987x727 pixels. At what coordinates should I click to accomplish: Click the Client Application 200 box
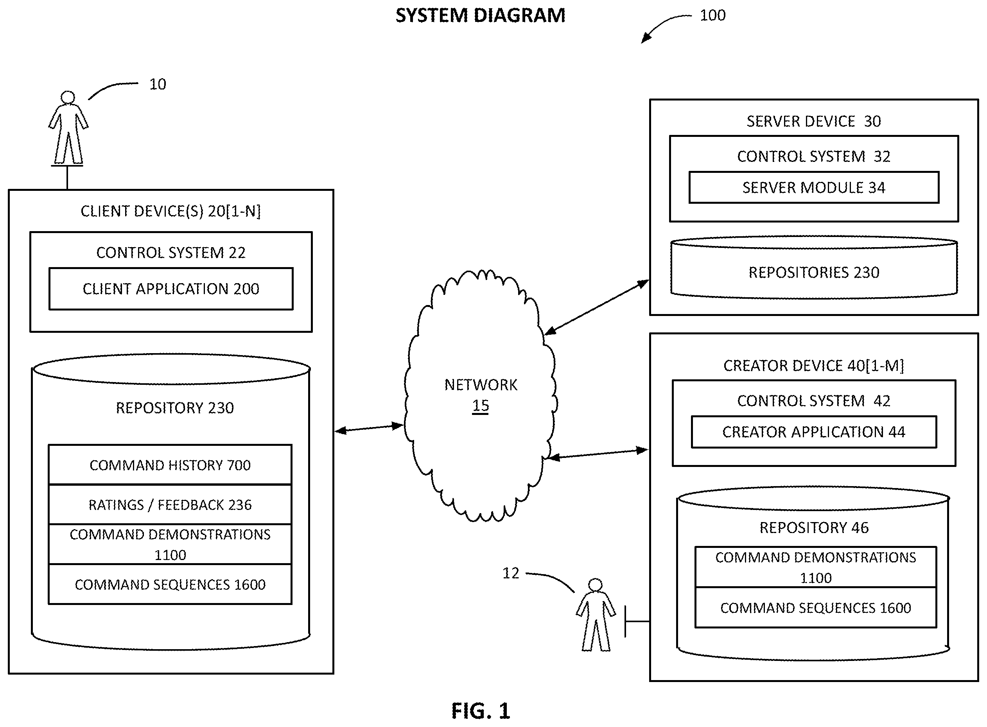point(171,289)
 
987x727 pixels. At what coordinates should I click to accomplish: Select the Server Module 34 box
point(814,187)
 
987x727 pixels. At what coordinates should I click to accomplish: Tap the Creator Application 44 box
point(814,432)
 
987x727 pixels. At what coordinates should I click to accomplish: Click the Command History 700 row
point(170,465)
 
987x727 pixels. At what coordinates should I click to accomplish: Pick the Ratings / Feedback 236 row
point(170,504)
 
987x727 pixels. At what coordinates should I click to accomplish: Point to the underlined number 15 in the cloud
point(481,405)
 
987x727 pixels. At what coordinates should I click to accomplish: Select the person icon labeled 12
point(596,614)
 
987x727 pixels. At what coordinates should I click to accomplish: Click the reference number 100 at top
point(712,15)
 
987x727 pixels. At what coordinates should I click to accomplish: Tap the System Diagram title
point(480,15)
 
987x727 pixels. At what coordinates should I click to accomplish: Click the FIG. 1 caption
point(481,710)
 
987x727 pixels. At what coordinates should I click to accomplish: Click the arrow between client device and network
point(369,428)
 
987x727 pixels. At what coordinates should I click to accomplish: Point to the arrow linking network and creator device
point(597,454)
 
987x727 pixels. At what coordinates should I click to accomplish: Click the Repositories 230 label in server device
point(814,273)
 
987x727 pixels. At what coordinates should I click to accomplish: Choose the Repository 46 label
point(814,527)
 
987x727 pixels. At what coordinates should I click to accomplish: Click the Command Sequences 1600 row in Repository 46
point(815,607)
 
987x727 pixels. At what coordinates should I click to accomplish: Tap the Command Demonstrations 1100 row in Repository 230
point(170,544)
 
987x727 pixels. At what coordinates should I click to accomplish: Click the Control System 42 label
point(814,400)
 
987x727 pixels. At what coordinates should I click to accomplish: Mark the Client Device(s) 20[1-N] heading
point(171,211)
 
